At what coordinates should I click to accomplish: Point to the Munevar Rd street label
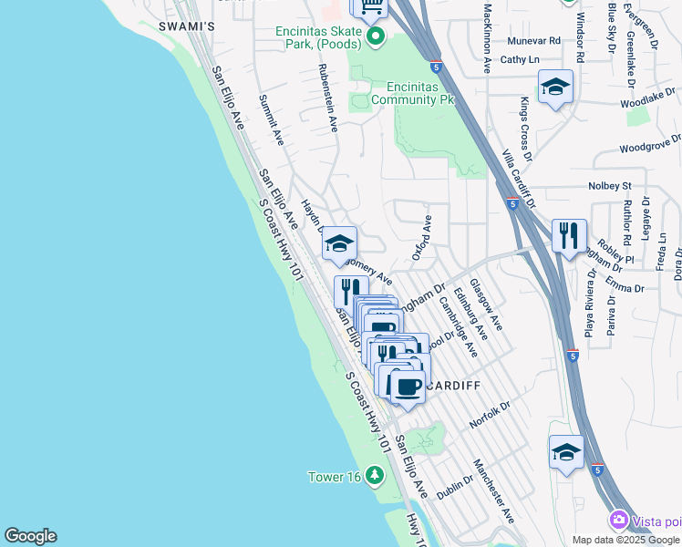coord(533,41)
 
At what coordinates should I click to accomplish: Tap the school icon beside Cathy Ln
coord(555,88)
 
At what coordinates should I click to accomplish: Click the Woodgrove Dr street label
coord(649,144)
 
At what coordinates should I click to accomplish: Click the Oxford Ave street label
coord(422,238)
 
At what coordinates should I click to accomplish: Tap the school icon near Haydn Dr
coord(339,243)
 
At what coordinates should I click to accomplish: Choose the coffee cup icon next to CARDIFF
coord(408,386)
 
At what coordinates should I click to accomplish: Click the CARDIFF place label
coord(453,386)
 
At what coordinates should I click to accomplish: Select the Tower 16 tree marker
coord(374,476)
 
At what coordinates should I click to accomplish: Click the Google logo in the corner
coord(30,536)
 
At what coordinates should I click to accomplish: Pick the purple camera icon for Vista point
coord(619,520)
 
